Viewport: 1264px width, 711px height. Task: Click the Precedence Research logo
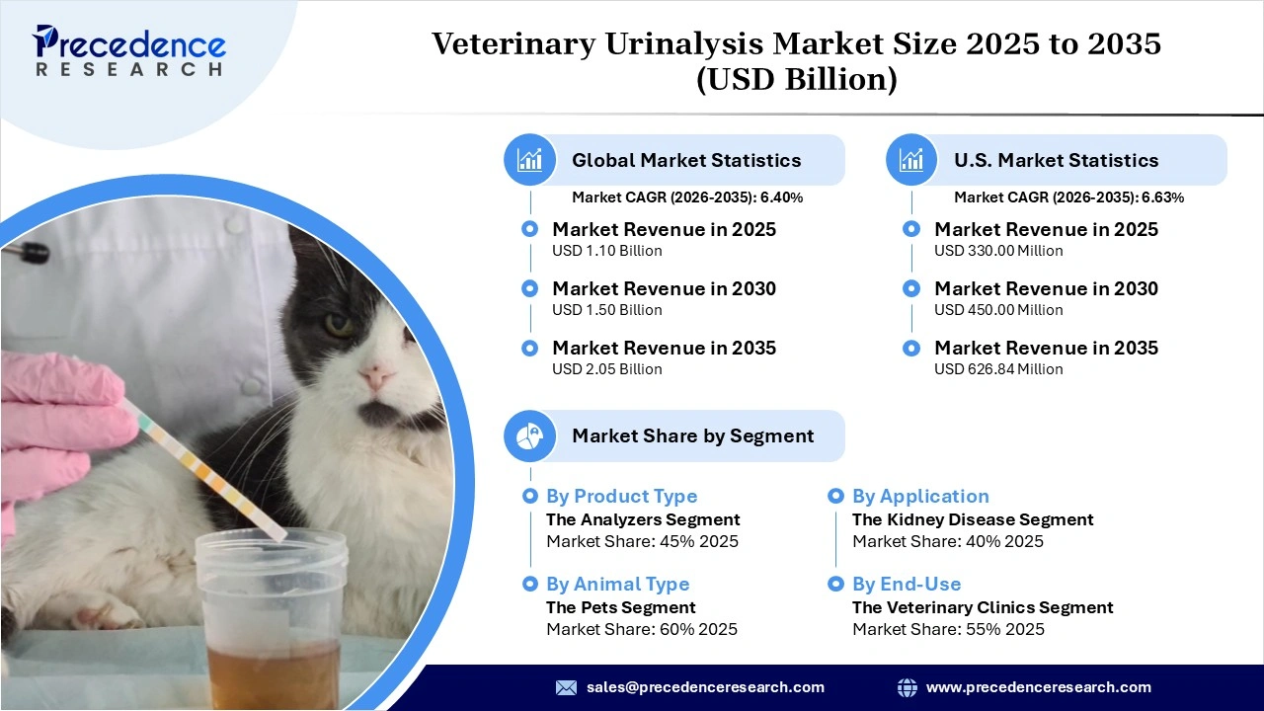click(129, 49)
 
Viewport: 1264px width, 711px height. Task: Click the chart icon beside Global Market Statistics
click(530, 160)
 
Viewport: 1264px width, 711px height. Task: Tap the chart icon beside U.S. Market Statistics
click(912, 160)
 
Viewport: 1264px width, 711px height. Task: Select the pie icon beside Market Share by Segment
click(530, 435)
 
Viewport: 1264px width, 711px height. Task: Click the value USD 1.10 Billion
click(606, 251)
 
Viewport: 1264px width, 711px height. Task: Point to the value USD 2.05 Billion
click(606, 369)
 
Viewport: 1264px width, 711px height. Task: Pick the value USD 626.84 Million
click(998, 369)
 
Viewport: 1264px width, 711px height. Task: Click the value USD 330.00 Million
click(998, 251)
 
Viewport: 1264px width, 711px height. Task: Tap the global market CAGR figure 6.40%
click(781, 197)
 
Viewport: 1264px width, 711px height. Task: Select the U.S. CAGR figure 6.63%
click(1162, 197)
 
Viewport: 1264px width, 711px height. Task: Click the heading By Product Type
click(621, 497)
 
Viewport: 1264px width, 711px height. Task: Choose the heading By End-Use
click(907, 585)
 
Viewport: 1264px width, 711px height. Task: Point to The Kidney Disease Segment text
click(973, 519)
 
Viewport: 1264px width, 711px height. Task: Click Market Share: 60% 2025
click(642, 630)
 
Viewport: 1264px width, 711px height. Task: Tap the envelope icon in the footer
click(566, 687)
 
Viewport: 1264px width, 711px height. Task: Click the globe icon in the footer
click(907, 687)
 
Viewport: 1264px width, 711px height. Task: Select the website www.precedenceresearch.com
click(1038, 687)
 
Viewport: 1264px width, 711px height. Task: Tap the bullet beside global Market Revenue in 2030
click(530, 288)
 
